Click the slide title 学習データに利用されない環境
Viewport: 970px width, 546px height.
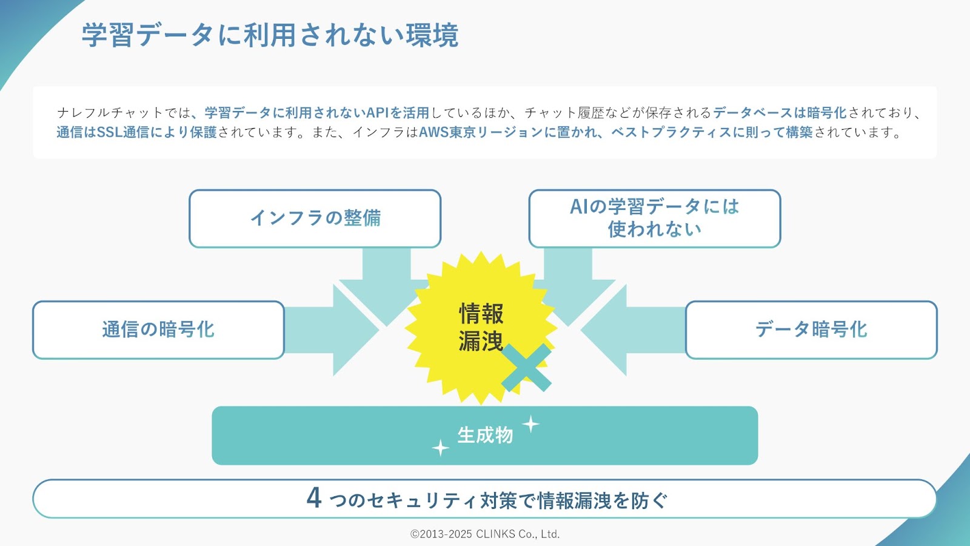tap(270, 35)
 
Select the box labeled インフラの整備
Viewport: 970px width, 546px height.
tap(315, 218)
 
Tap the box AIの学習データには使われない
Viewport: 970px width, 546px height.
tap(655, 218)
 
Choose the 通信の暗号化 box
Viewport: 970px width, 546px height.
tap(158, 330)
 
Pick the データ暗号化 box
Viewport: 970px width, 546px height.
tap(812, 330)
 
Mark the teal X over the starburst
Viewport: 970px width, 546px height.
tap(526, 368)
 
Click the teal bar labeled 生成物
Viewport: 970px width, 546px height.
tap(484, 435)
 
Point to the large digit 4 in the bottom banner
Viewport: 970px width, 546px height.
tap(314, 498)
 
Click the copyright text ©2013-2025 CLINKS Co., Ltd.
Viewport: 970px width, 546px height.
tap(485, 534)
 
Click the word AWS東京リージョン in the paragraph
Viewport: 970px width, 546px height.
tap(481, 132)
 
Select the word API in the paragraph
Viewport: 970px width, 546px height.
tap(378, 113)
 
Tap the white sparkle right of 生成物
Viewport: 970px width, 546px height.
tap(530, 424)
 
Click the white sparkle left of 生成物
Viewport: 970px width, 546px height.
tap(440, 448)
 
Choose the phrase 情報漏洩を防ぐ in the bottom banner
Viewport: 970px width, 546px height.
tap(603, 500)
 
